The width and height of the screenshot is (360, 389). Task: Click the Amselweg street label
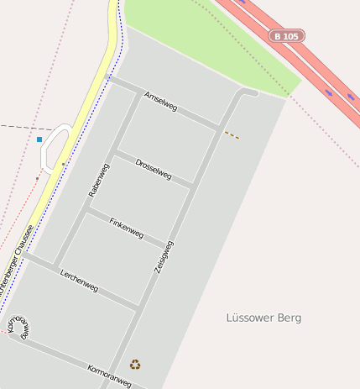click(x=161, y=102)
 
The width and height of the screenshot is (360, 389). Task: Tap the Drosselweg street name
click(x=154, y=169)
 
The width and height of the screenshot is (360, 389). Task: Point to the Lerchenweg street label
click(x=79, y=281)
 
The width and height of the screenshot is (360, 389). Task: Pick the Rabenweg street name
click(x=98, y=181)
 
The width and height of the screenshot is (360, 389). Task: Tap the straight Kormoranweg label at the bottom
click(x=109, y=376)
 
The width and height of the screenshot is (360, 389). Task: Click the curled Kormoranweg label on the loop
click(x=18, y=328)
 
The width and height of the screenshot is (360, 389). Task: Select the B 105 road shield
click(x=287, y=36)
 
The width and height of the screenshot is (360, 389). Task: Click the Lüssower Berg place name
click(x=263, y=318)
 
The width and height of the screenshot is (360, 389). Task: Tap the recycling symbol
click(x=135, y=365)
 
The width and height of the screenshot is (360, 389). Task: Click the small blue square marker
click(x=39, y=139)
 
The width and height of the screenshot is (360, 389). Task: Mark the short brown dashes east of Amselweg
click(x=232, y=134)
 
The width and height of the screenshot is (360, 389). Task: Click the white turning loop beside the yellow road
click(x=52, y=147)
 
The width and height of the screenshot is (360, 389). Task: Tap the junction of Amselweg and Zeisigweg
click(x=220, y=129)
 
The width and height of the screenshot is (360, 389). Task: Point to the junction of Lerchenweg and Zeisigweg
click(x=138, y=308)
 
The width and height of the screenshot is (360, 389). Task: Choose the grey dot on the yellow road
click(x=62, y=164)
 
